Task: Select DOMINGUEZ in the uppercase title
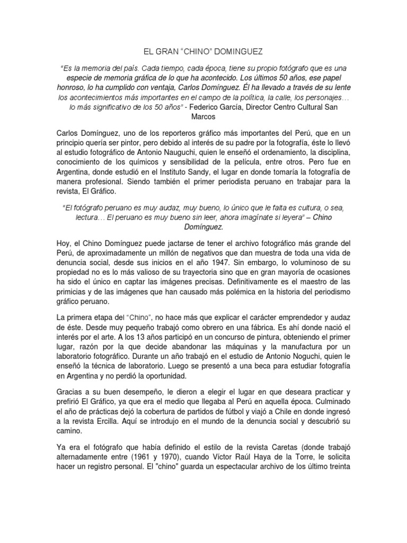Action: pos(236,52)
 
